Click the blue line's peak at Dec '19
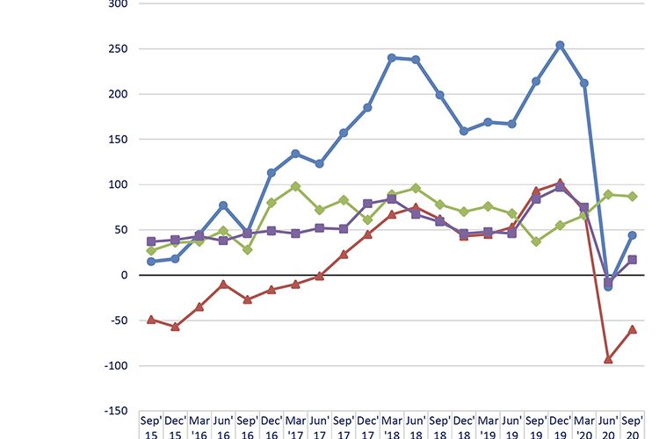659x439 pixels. point(560,45)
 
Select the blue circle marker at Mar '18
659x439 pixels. point(392,58)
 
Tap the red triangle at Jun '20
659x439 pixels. point(608,358)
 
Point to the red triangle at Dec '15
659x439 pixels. point(176,326)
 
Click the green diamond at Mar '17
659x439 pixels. point(295,186)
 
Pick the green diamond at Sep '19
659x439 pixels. point(536,241)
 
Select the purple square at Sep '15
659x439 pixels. point(151,241)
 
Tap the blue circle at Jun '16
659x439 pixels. point(223,205)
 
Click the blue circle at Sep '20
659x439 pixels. point(632,235)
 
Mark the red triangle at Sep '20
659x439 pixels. point(632,328)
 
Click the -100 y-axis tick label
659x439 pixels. point(114,365)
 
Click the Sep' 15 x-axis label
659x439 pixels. point(151,426)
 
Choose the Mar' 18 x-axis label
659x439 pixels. point(392,426)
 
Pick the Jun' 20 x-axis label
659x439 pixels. point(608,426)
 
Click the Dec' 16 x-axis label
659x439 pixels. point(272,426)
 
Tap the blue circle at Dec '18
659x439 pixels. point(464,132)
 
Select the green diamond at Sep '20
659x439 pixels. point(632,196)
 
